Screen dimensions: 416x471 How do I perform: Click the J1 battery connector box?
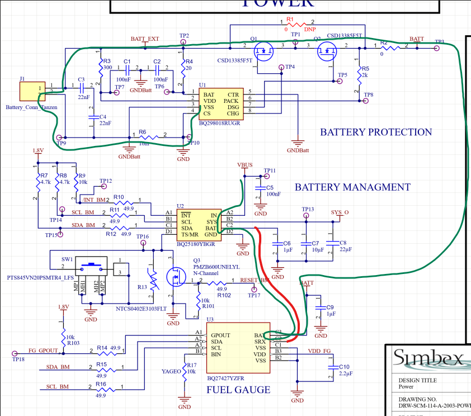click(x=32, y=89)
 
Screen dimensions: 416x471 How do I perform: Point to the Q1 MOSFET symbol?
click(x=265, y=51)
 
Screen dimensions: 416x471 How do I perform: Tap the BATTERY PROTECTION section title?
click(x=376, y=133)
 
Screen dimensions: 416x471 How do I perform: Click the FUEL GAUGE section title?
click(x=238, y=390)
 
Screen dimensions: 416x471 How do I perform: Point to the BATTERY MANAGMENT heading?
click(x=352, y=187)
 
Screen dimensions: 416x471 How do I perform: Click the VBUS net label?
click(x=245, y=166)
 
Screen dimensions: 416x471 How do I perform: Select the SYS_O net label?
click(x=340, y=212)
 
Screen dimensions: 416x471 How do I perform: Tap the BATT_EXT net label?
click(x=145, y=39)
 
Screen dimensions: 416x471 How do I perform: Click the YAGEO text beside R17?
click(x=172, y=371)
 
